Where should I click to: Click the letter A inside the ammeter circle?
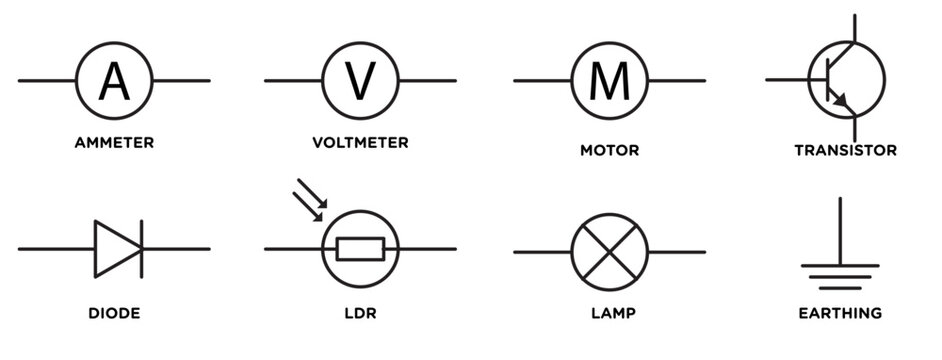coord(114,80)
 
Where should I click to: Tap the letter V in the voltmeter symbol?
coord(361,80)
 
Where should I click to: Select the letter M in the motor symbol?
coord(608,80)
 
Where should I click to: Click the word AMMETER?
coord(114,143)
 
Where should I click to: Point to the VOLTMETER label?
coord(360,143)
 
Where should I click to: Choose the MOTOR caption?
coord(609,151)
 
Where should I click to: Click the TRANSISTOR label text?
coord(845,151)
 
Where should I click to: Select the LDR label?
coord(359,313)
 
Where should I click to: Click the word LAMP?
coord(609,313)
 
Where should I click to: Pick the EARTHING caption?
coord(840,313)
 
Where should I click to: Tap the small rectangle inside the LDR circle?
coord(359,248)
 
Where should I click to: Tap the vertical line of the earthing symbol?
coord(840,230)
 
